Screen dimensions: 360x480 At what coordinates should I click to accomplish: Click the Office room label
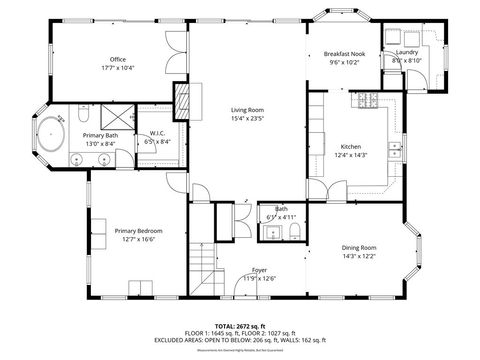[117, 59]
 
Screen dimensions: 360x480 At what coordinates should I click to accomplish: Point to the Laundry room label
[407, 52]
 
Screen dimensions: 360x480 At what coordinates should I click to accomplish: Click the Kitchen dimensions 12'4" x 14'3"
[356, 154]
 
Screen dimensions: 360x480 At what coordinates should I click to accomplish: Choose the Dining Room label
[359, 247]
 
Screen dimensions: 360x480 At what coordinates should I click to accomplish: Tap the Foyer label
[259, 270]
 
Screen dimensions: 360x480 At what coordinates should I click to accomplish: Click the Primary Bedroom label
[138, 231]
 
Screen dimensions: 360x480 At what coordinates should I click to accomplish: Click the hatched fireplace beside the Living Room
[183, 97]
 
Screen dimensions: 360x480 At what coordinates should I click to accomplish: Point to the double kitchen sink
[395, 150]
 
